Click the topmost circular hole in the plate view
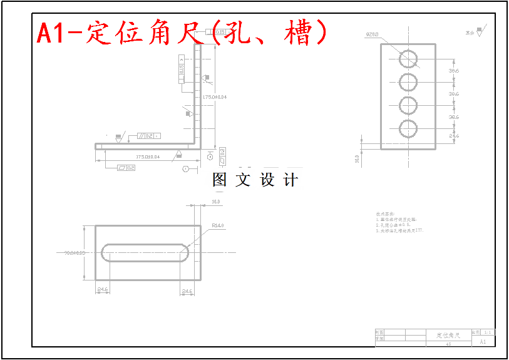[408, 58]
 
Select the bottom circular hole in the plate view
[408, 128]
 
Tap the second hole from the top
[408, 81]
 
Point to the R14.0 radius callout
[218, 225]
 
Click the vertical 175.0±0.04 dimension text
[215, 97]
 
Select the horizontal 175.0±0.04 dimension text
[148, 157]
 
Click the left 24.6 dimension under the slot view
[103, 290]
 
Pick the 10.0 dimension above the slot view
[215, 202]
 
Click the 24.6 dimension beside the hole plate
[454, 135]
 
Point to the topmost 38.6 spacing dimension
[454, 71]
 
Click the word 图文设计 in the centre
[255, 180]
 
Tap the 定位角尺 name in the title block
[448, 336]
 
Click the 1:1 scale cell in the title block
[488, 332]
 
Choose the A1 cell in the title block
[483, 342]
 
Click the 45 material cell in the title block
[448, 344]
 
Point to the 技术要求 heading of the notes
[383, 213]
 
